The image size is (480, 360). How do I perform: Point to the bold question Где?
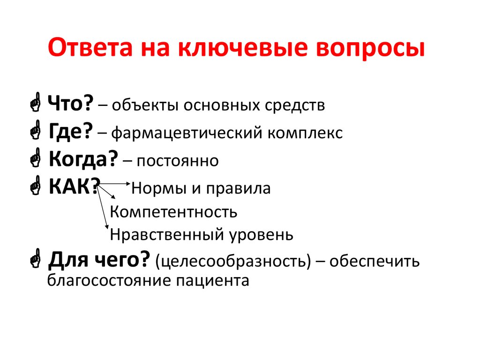[x=70, y=132]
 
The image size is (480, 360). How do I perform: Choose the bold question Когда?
[x=82, y=160]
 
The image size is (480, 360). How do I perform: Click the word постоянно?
[x=178, y=161]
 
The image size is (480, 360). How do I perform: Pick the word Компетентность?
[x=173, y=212]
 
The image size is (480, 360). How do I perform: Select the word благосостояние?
[x=109, y=281]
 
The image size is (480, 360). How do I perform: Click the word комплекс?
[x=305, y=133]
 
